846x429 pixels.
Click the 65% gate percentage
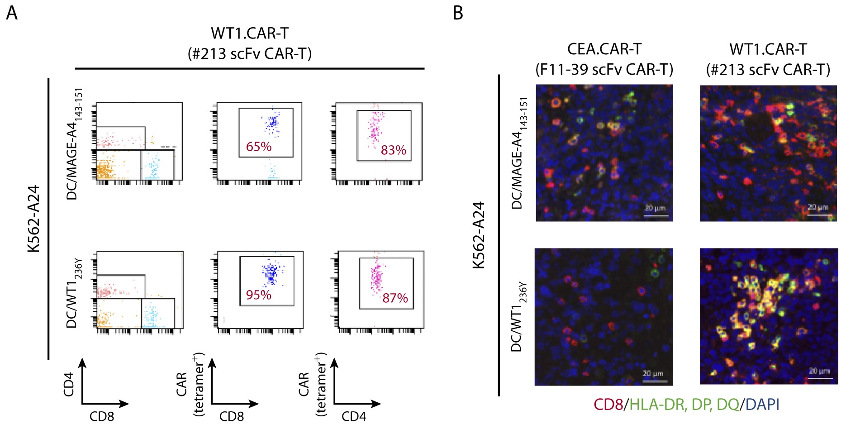[x=258, y=147]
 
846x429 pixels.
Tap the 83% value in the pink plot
[x=393, y=150]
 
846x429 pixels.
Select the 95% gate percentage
[x=258, y=295]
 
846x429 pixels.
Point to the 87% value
[x=395, y=298]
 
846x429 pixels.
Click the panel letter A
[x=12, y=13]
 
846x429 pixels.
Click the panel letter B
[x=457, y=13]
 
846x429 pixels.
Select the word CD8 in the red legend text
[x=608, y=404]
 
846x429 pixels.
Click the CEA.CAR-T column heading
[x=604, y=49]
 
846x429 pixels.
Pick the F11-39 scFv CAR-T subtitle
[x=604, y=70]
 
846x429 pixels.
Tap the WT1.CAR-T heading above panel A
[x=249, y=33]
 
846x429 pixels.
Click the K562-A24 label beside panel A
[x=34, y=219]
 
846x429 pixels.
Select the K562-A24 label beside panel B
[x=479, y=235]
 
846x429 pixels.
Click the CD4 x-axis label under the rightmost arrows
[x=353, y=416]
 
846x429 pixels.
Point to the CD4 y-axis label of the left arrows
[x=69, y=384]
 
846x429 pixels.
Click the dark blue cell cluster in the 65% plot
[x=272, y=123]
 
